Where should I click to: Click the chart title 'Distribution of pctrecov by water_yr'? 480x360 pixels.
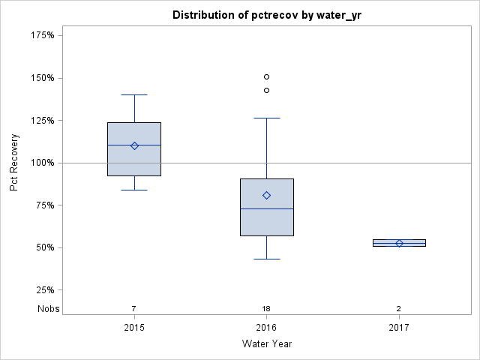(x=266, y=15)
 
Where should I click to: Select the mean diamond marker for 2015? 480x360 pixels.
(x=134, y=145)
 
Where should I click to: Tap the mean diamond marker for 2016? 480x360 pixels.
(x=266, y=195)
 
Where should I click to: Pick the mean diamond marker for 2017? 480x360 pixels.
(x=399, y=243)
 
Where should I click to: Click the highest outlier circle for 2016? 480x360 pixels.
(x=266, y=76)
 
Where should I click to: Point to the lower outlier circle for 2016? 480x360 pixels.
(x=266, y=90)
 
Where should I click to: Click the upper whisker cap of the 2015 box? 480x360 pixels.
(x=134, y=95)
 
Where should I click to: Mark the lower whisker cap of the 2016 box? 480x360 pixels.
(x=266, y=259)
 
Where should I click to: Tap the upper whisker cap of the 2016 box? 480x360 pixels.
(x=266, y=118)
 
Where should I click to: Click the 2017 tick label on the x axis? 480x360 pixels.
(x=399, y=328)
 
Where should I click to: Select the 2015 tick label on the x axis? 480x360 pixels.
(x=134, y=328)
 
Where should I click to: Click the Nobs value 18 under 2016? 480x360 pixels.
(x=266, y=309)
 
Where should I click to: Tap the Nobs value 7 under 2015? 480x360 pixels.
(x=134, y=309)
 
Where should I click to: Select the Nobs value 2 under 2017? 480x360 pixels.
(x=399, y=309)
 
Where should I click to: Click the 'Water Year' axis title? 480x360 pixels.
(x=266, y=344)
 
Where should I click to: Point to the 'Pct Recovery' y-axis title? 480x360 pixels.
(x=14, y=163)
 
